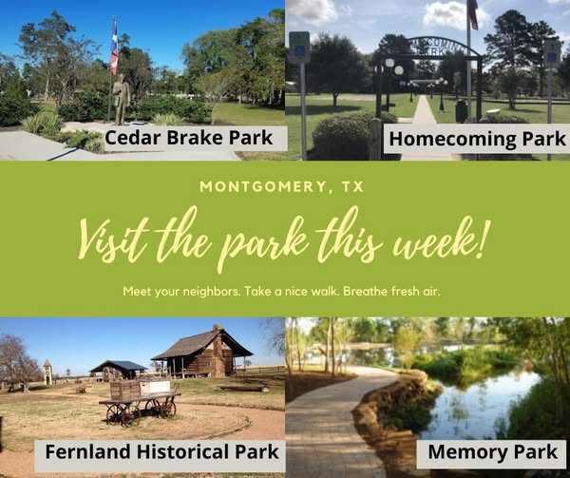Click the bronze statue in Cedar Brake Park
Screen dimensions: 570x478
coord(121,100)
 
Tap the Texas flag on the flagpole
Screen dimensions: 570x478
coord(115,47)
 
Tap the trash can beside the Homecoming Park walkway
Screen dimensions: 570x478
coord(462,110)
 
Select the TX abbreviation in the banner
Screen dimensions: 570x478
coord(352,186)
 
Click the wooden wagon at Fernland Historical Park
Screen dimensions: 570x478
coord(140,402)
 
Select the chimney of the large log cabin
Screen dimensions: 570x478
coord(218,348)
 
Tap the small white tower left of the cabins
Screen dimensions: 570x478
coord(47,372)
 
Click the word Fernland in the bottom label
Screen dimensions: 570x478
coord(87,451)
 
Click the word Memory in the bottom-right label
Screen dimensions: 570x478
coord(466,452)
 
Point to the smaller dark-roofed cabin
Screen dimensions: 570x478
coord(118,370)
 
